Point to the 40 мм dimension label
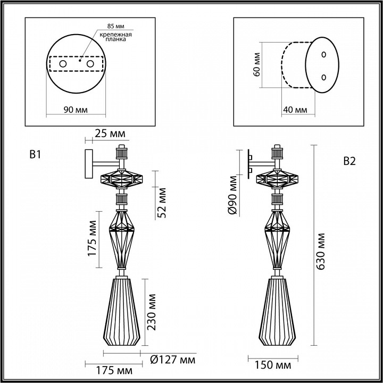tap(295, 110)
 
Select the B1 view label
tap(35, 155)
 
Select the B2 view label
tap(349, 162)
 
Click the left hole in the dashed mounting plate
tap(63, 64)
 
